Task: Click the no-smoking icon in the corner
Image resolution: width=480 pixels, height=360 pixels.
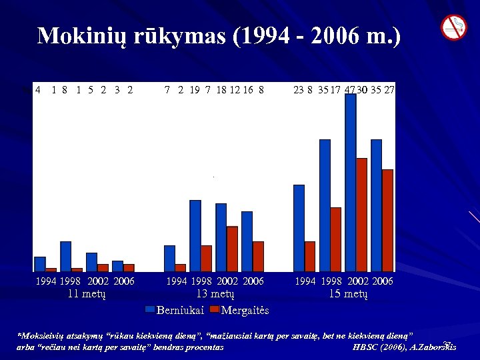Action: click(454, 27)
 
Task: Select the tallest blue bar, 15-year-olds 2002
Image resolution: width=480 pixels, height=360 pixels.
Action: click(351, 180)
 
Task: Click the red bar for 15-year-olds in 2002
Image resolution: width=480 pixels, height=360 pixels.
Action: click(362, 214)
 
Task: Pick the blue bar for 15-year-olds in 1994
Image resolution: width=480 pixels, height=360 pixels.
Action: click(299, 227)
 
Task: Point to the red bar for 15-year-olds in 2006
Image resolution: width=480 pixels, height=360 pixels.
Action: click(387, 220)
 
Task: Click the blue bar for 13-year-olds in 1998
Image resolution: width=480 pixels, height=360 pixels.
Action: click(195, 235)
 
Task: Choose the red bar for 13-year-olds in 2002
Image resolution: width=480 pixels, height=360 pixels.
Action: click(232, 249)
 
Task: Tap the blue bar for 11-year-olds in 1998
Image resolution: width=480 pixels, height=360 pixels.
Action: click(65, 256)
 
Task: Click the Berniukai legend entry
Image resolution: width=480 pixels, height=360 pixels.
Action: click(175, 310)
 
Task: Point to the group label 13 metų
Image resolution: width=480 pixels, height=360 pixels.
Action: click(215, 293)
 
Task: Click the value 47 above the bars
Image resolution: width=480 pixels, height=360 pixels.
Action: click(350, 89)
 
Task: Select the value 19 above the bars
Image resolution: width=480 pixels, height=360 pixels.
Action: click(195, 89)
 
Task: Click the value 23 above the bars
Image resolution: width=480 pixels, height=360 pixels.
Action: click(299, 89)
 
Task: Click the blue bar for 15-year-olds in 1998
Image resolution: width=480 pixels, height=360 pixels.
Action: click(325, 205)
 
